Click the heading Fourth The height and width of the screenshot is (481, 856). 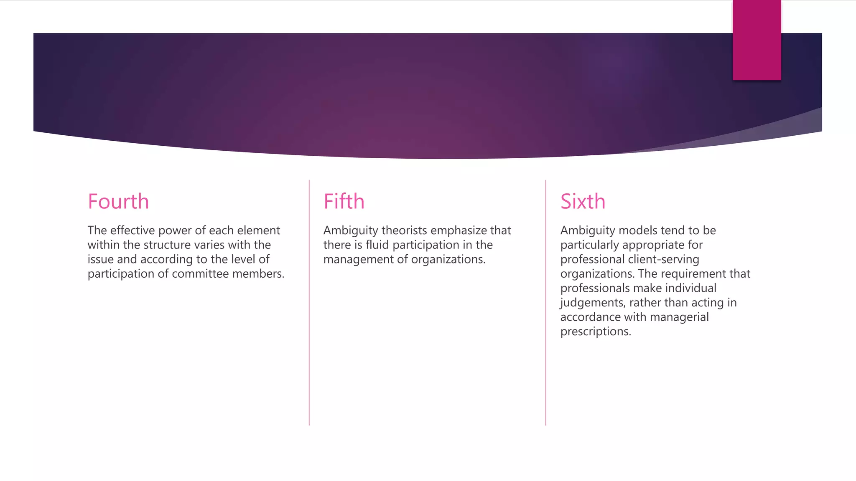118,202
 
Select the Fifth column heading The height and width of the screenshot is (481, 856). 344,202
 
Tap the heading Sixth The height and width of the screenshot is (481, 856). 583,202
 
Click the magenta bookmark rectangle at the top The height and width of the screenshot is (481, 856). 757,40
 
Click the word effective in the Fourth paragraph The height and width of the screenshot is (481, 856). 132,230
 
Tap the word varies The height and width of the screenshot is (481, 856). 209,245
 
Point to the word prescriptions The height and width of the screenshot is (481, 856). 596,332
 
